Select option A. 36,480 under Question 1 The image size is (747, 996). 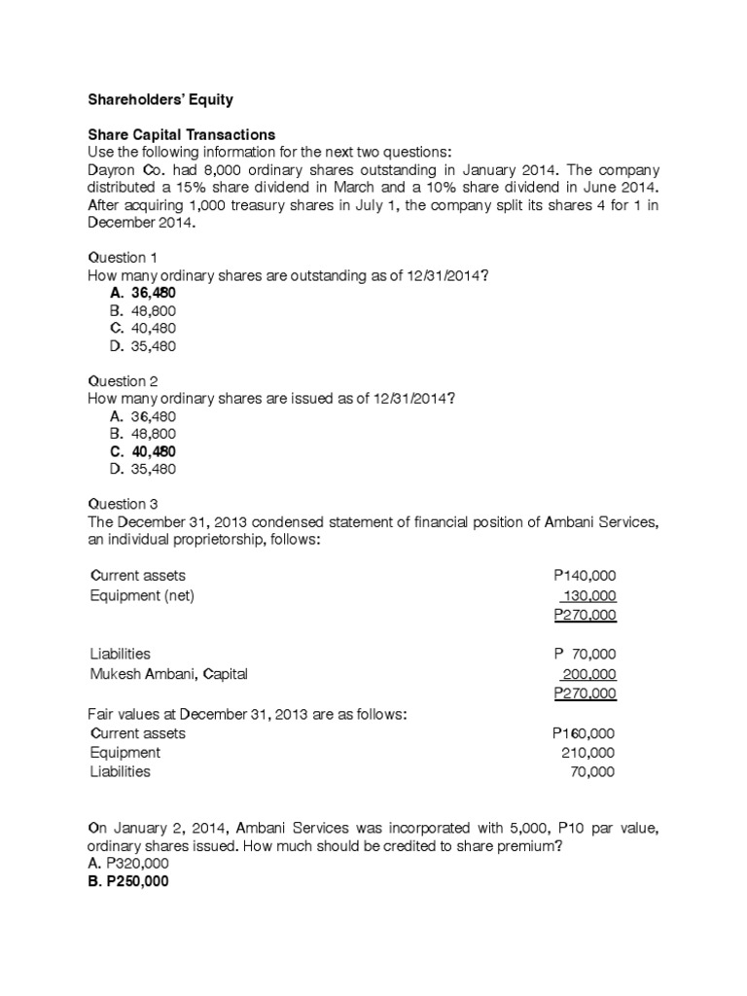[143, 293]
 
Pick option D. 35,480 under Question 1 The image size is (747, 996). [143, 345]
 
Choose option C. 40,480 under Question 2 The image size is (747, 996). [143, 451]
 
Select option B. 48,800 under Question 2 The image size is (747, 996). [143, 434]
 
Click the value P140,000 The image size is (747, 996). [584, 576]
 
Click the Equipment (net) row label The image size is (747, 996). [142, 595]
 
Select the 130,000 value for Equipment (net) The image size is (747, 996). [588, 595]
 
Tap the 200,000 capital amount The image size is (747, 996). [588, 673]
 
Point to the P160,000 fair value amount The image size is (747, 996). [584, 733]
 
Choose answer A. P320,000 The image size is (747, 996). [128, 863]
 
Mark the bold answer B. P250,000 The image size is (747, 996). [128, 882]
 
